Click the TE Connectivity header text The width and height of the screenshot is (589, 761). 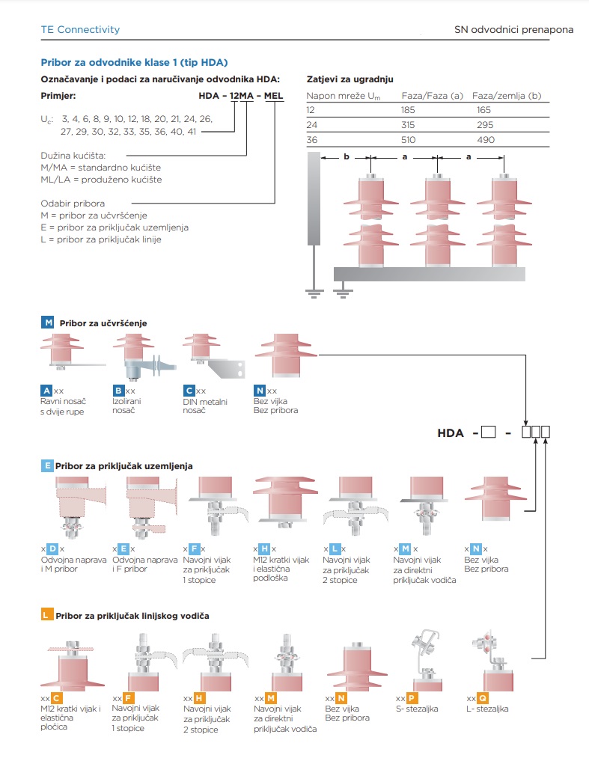80,30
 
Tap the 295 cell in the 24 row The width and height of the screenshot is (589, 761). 485,124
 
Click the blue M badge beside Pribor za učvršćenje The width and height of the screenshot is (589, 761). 48,323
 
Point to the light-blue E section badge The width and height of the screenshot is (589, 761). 47,465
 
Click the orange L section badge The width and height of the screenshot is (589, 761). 47,615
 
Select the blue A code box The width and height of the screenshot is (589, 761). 46,391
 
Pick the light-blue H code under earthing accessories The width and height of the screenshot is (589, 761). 264,549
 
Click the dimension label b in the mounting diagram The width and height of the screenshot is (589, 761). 346,157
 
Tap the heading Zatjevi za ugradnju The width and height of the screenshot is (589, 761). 350,79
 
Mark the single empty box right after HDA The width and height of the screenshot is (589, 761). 489,433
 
